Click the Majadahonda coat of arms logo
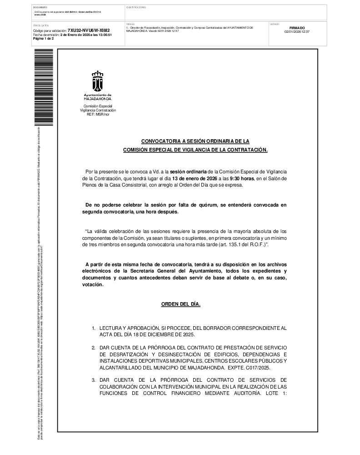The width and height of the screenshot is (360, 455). (97, 81)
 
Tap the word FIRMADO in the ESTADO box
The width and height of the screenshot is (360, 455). (297, 28)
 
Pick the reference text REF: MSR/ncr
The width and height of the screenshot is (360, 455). (98, 114)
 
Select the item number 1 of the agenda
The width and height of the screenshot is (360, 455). (93, 328)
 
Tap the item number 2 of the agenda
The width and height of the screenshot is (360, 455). (93, 348)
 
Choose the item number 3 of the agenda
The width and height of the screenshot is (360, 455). (93, 379)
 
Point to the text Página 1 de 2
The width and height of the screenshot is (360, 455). (44, 39)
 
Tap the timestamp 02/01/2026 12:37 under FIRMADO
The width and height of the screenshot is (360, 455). (297, 31)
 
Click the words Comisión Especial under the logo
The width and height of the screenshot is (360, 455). (98, 106)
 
